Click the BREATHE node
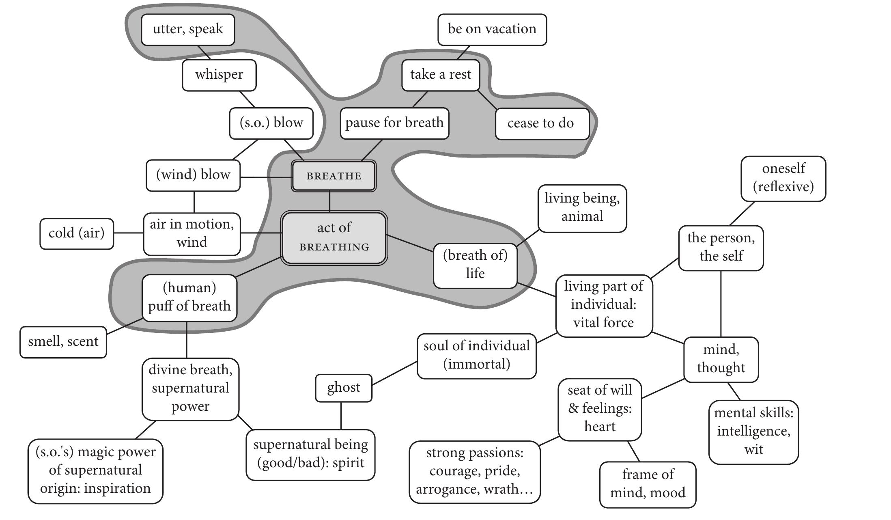click(x=334, y=176)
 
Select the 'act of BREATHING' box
click(x=334, y=237)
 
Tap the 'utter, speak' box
click(x=188, y=29)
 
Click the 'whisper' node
click(x=219, y=75)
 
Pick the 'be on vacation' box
click(x=492, y=29)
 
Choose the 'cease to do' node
click(x=542, y=123)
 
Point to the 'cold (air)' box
click(x=76, y=233)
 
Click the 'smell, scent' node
click(x=63, y=342)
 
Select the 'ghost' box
click(x=343, y=388)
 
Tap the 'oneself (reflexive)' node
click(x=783, y=178)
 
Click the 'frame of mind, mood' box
click(x=648, y=484)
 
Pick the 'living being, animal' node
click(x=582, y=207)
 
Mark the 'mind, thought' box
click(x=721, y=359)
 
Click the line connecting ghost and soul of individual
click(x=394, y=373)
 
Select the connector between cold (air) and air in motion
click(x=128, y=233)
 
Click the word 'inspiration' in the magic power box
click(x=117, y=488)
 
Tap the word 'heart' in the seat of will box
click(x=600, y=427)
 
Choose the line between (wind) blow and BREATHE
click(x=266, y=177)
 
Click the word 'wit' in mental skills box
click(x=753, y=449)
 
